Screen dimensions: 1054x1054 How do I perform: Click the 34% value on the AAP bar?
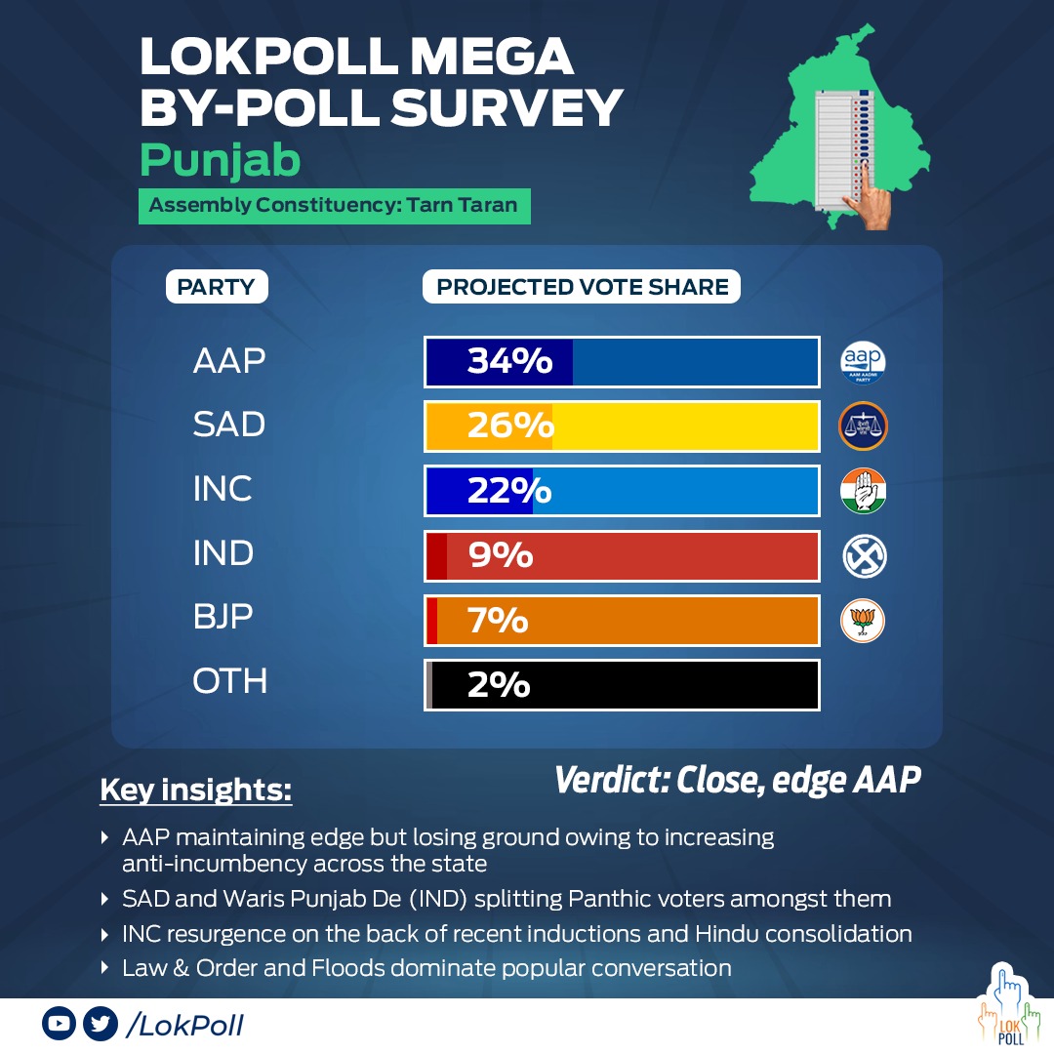[510, 361]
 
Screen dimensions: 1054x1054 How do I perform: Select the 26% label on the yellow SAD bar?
[510, 426]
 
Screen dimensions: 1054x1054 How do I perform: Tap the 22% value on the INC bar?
[509, 490]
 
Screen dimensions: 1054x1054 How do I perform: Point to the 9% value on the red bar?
[501, 554]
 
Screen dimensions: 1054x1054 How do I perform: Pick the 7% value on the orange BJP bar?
[498, 619]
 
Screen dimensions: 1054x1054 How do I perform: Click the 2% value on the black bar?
[499, 684]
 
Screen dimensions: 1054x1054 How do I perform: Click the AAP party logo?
[863, 362]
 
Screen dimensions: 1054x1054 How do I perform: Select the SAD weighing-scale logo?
[863, 426]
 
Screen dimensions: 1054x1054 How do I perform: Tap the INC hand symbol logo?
[863, 491]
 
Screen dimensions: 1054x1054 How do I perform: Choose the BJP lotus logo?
[863, 621]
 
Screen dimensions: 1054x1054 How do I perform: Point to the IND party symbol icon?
[865, 556]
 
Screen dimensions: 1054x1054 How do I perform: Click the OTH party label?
[230, 681]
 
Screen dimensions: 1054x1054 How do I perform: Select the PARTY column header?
[217, 287]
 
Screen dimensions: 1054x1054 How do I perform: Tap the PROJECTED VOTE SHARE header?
[582, 287]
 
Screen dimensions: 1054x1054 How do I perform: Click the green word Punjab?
[220, 161]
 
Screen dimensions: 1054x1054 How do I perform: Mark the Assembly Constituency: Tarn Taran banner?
[334, 206]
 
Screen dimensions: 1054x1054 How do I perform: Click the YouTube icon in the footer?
[60, 1024]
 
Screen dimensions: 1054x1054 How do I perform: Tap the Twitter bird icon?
[101, 1024]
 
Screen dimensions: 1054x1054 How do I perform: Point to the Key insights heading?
[195, 790]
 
